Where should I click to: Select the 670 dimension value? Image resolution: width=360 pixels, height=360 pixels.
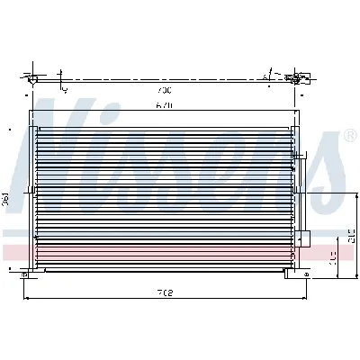coord(162,105)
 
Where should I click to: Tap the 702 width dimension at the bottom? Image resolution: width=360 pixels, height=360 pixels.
coord(165,292)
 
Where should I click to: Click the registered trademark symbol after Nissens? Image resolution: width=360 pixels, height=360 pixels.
coord(349,137)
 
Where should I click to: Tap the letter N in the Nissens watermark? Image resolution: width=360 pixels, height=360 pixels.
coord(67,135)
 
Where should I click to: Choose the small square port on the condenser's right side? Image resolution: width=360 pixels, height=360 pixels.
coord(304,238)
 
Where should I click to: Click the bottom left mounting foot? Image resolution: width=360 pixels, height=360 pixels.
coord(38,273)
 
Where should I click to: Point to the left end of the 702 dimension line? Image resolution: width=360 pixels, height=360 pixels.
coord(23,298)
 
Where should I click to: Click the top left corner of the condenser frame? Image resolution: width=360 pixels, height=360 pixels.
coord(31,111)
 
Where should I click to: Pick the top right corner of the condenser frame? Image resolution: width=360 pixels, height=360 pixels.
coord(297,111)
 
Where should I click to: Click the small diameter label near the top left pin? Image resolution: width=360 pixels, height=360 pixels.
coord(64,90)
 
